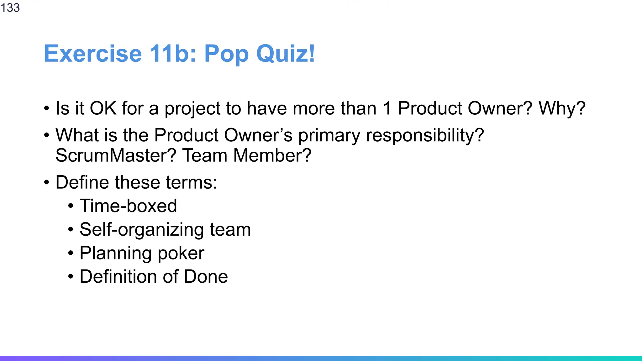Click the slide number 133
coord(10,8)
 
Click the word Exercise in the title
coord(93,54)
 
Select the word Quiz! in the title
coord(286,54)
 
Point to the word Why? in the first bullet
coord(562,108)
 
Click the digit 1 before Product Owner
coord(387,108)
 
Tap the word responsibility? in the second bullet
coord(425,136)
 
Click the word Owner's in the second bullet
coord(258,135)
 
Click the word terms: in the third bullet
coord(191,182)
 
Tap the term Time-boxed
coord(128,206)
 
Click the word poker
coord(181,253)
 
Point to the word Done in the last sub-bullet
coord(206,277)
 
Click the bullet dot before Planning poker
coord(71,253)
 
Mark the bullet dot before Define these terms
coord(47,182)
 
